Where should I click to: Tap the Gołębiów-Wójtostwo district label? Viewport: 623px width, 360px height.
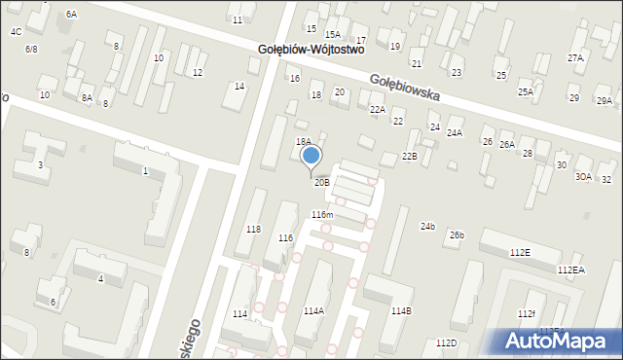click(x=311, y=48)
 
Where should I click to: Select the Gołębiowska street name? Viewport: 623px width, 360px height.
click(x=404, y=90)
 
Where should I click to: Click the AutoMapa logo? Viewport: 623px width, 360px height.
click(x=560, y=341)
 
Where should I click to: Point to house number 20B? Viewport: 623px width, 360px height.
click(x=321, y=182)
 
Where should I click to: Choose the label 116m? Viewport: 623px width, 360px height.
click(x=322, y=214)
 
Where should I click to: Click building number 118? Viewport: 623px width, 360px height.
click(x=253, y=229)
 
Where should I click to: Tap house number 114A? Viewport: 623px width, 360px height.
click(x=313, y=311)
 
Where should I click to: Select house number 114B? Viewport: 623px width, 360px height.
click(x=401, y=311)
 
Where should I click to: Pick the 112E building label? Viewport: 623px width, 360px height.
click(x=520, y=252)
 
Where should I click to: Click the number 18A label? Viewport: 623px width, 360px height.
click(x=303, y=142)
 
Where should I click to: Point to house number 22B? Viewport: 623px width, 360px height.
click(x=410, y=157)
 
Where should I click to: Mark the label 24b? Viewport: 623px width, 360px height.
click(x=427, y=226)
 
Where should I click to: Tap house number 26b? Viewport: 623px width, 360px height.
click(x=457, y=235)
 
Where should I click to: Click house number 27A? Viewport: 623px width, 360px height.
click(x=575, y=58)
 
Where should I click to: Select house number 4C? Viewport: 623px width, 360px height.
click(x=16, y=31)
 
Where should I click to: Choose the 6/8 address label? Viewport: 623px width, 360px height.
click(x=31, y=49)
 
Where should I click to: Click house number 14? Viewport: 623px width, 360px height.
click(x=239, y=87)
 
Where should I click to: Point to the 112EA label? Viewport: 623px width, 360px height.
click(x=570, y=270)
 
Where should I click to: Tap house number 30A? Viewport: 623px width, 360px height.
click(x=583, y=177)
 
